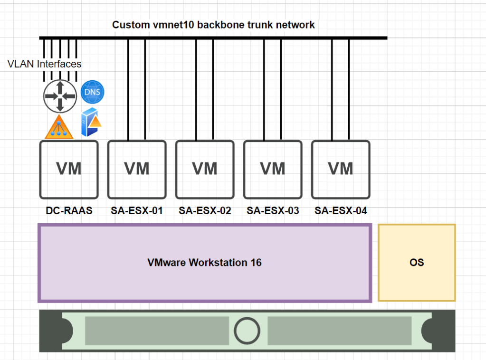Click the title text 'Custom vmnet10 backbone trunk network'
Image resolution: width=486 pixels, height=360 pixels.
click(x=213, y=25)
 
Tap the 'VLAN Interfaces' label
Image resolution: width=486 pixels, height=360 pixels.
click(x=45, y=64)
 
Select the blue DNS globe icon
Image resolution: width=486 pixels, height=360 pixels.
click(x=92, y=92)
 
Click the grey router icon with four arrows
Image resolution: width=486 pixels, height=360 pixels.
click(x=60, y=95)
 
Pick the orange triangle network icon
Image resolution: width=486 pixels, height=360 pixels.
click(x=59, y=127)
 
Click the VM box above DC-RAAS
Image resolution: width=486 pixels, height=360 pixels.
click(x=69, y=169)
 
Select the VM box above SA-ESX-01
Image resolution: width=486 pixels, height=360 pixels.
click(x=137, y=169)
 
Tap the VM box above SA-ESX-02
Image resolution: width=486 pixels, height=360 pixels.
click(x=205, y=169)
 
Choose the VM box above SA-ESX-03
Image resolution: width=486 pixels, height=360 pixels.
click(x=273, y=169)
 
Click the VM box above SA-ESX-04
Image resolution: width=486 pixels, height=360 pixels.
click(x=341, y=169)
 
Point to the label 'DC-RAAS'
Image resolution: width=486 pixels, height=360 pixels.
click(x=69, y=210)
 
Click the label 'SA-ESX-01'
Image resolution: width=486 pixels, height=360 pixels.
click(x=137, y=210)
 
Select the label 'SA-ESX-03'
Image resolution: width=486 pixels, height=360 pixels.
click(x=273, y=210)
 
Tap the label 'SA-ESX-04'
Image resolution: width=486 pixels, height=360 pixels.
click(x=341, y=210)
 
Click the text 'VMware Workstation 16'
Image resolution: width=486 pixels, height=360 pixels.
click(x=204, y=263)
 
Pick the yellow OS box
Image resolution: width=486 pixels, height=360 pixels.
click(x=417, y=262)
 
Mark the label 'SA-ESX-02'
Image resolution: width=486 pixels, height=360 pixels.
click(x=205, y=210)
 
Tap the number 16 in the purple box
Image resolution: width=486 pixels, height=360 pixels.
click(x=256, y=263)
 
